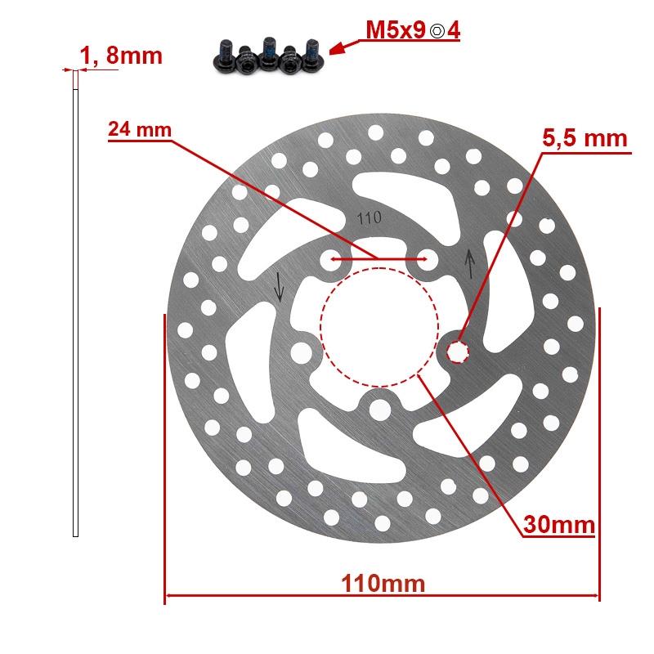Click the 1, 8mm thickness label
click(x=121, y=56)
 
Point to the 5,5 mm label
click(x=585, y=138)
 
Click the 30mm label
click(x=560, y=523)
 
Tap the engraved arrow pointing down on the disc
click(x=280, y=285)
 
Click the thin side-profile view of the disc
click(x=75, y=302)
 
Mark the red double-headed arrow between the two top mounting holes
click(x=378, y=262)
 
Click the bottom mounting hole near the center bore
click(x=379, y=408)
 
